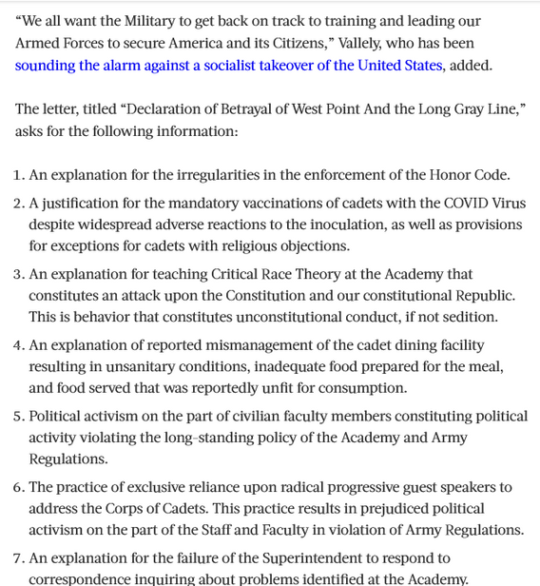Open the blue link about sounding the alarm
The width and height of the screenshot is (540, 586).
point(228,66)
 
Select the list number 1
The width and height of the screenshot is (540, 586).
point(19,175)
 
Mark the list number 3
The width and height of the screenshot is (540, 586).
point(19,274)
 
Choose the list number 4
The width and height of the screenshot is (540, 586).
point(19,345)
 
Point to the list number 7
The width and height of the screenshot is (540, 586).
point(19,558)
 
